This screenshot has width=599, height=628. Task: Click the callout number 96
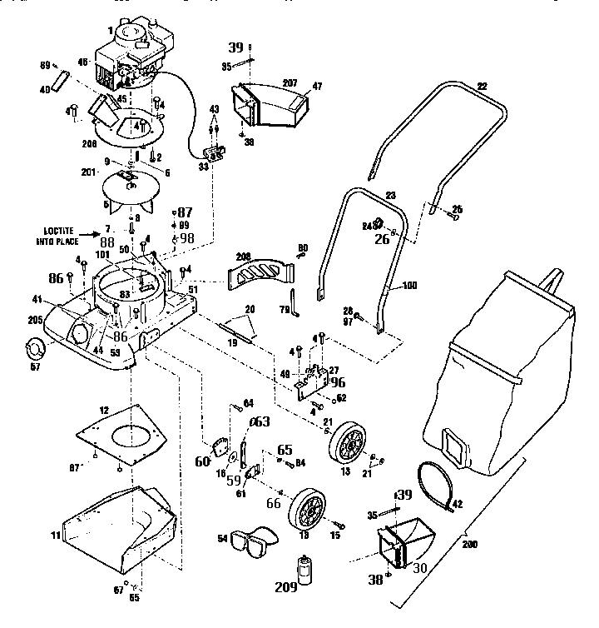click(337, 384)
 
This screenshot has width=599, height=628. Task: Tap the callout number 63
click(261, 422)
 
